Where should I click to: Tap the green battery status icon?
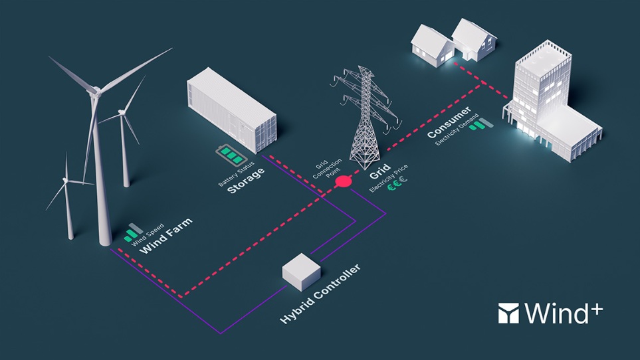pos(229,156)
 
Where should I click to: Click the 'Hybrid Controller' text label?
pos(321,294)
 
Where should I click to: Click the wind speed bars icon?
pos(133,232)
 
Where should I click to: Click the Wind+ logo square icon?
pos(510,313)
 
